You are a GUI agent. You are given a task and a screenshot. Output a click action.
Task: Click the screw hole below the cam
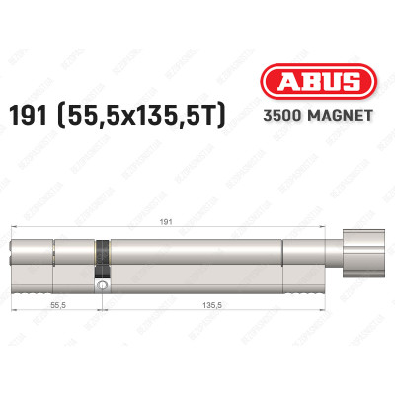tap(102, 285)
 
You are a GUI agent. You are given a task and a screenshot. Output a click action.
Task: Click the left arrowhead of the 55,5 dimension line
tap(15, 316)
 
